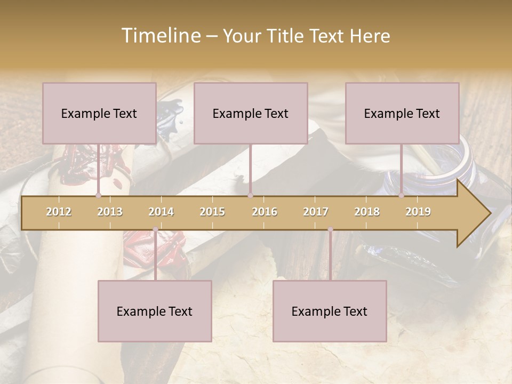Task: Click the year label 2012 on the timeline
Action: pyautogui.click(x=59, y=212)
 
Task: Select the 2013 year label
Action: pyautogui.click(x=110, y=212)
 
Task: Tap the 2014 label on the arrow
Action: pyautogui.click(x=161, y=212)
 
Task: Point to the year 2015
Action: pyautogui.click(x=212, y=212)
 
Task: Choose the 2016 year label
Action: pyautogui.click(x=265, y=212)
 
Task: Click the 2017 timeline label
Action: pyautogui.click(x=316, y=212)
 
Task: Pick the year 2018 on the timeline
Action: pyautogui.click(x=367, y=212)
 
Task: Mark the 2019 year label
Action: pyautogui.click(x=418, y=212)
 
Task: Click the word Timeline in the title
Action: pyautogui.click(x=160, y=36)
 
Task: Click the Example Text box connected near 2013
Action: pyautogui.click(x=99, y=113)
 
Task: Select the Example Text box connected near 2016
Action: pyautogui.click(x=251, y=113)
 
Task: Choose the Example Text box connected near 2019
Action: pyautogui.click(x=402, y=113)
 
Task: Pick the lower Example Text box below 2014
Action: pyautogui.click(x=155, y=311)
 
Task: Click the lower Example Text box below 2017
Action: pyautogui.click(x=330, y=311)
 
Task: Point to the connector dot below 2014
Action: pyautogui.click(x=155, y=229)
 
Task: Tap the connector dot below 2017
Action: pyautogui.click(x=330, y=229)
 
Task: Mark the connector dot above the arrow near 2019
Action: pyautogui.click(x=402, y=196)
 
